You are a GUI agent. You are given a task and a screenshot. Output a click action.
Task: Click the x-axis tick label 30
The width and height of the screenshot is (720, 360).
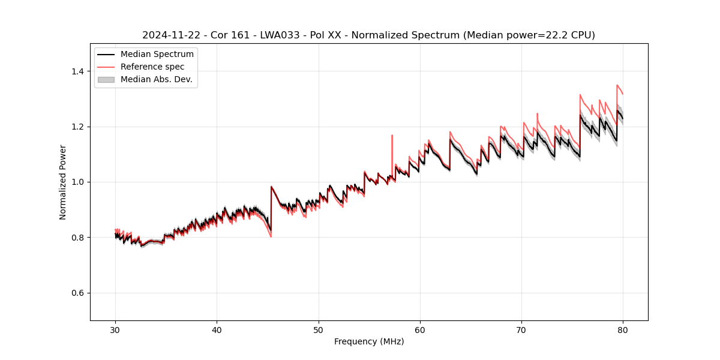[115, 330]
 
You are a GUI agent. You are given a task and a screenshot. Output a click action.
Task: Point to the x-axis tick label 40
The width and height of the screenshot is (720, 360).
[217, 330]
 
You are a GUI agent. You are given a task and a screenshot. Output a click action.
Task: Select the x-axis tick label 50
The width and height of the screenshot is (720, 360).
[319, 330]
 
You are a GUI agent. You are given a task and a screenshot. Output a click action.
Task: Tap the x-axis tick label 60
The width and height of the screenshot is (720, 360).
[420, 330]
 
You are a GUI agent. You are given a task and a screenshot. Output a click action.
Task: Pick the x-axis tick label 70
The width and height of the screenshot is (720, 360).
[521, 330]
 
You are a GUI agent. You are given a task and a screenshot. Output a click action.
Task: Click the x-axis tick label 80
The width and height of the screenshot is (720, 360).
[623, 330]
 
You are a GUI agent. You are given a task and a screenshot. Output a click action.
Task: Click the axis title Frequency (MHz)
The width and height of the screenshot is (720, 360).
[369, 341]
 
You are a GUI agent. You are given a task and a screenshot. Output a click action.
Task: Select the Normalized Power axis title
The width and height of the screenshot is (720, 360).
[63, 182]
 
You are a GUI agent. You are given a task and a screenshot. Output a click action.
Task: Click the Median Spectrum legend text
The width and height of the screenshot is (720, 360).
[157, 55]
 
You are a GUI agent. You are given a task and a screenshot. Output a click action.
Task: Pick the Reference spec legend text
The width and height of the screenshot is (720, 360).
[152, 67]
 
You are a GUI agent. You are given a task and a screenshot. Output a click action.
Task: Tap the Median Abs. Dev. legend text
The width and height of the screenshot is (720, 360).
[157, 79]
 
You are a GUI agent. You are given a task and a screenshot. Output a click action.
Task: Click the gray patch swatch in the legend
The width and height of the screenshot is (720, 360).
[106, 79]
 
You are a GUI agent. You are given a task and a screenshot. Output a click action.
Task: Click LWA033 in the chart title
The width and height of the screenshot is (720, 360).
[278, 35]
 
